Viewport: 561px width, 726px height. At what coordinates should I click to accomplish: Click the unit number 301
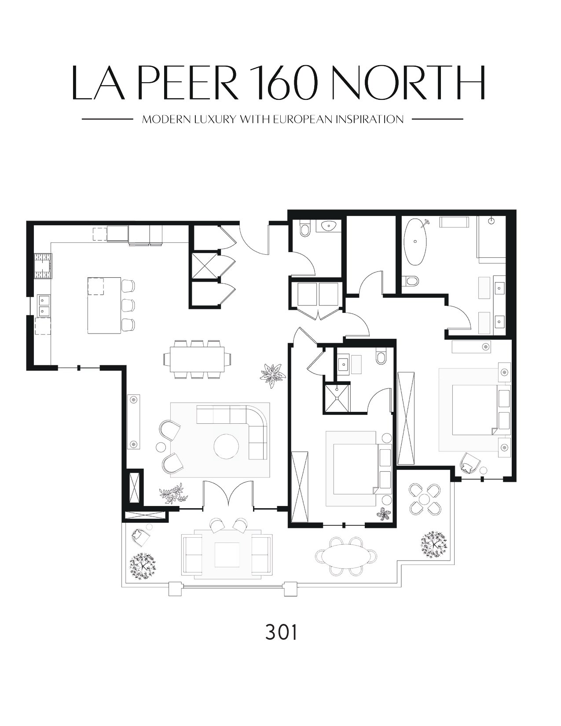281,639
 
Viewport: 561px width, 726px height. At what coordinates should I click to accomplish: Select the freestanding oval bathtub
415,242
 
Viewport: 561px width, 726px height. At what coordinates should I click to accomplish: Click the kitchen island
104,305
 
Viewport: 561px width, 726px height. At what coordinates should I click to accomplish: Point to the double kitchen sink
43,305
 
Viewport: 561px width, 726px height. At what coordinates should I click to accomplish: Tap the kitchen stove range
44,266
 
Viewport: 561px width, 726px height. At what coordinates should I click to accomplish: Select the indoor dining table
197,359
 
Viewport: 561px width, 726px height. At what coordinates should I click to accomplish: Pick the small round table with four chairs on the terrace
424,499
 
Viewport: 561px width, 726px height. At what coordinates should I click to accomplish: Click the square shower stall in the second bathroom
337,398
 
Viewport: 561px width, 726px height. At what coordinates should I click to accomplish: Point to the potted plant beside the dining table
273,375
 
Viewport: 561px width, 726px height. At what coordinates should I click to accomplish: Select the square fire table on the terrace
227,554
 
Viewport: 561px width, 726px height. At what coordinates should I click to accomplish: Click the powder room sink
329,226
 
